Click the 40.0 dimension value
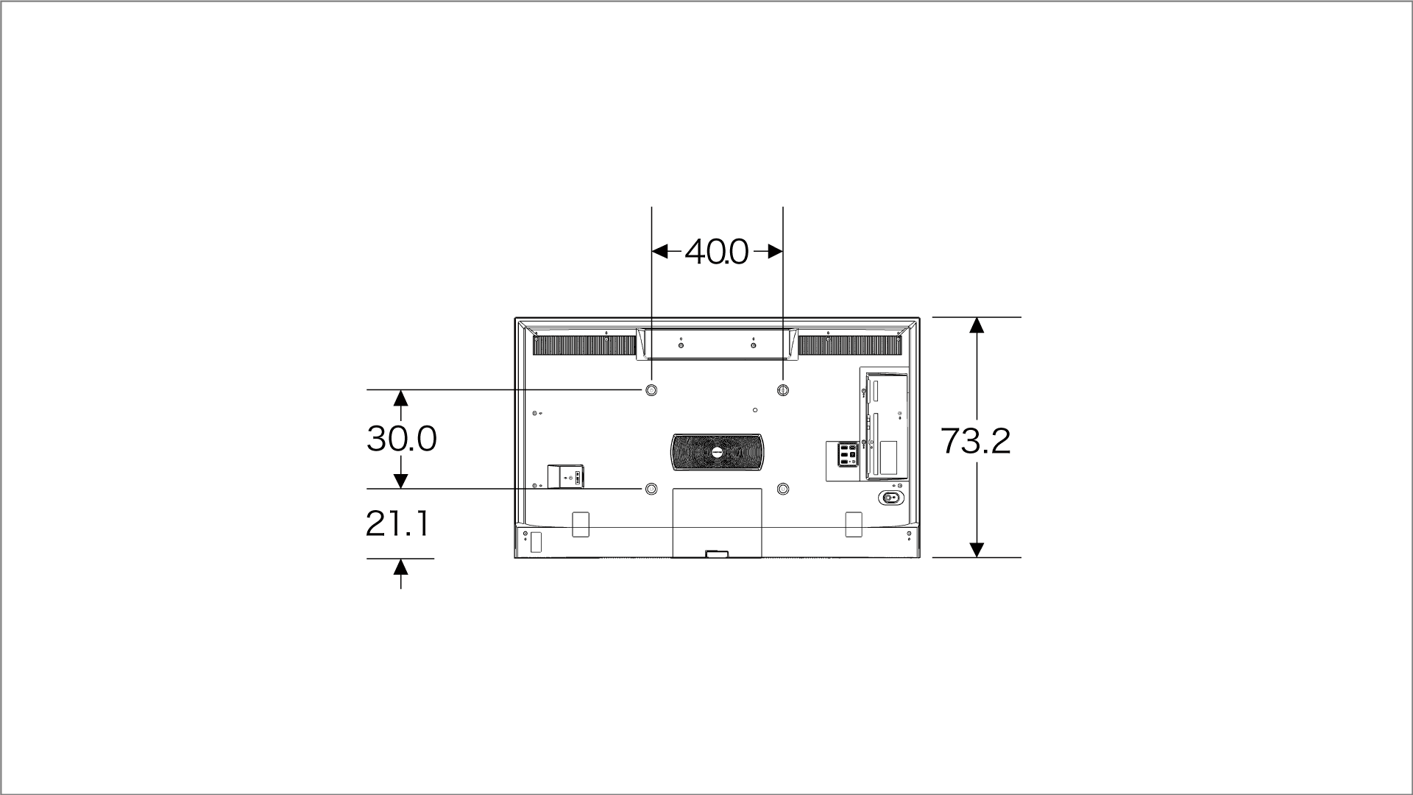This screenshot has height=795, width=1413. click(717, 252)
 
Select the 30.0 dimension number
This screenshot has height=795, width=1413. click(402, 439)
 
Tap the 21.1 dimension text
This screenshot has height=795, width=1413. click(397, 524)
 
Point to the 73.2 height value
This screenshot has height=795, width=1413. click(976, 442)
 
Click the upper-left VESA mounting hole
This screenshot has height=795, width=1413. click(651, 389)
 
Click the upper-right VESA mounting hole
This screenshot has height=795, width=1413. click(783, 389)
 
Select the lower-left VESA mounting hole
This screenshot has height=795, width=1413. click(651, 489)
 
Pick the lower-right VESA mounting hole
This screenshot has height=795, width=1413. click(783, 489)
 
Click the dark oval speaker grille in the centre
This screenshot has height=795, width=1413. click(717, 451)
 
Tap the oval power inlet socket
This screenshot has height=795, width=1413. click(890, 498)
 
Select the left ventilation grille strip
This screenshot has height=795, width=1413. click(584, 345)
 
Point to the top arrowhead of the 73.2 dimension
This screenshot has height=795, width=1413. click(977, 325)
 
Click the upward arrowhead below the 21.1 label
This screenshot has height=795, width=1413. click(400, 567)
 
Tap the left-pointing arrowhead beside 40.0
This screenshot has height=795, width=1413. click(660, 252)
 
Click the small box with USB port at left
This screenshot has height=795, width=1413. click(565, 476)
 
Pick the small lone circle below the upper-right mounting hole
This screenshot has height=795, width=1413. click(756, 409)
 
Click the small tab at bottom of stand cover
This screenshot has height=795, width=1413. click(716, 554)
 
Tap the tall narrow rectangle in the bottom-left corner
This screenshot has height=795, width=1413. click(535, 543)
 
